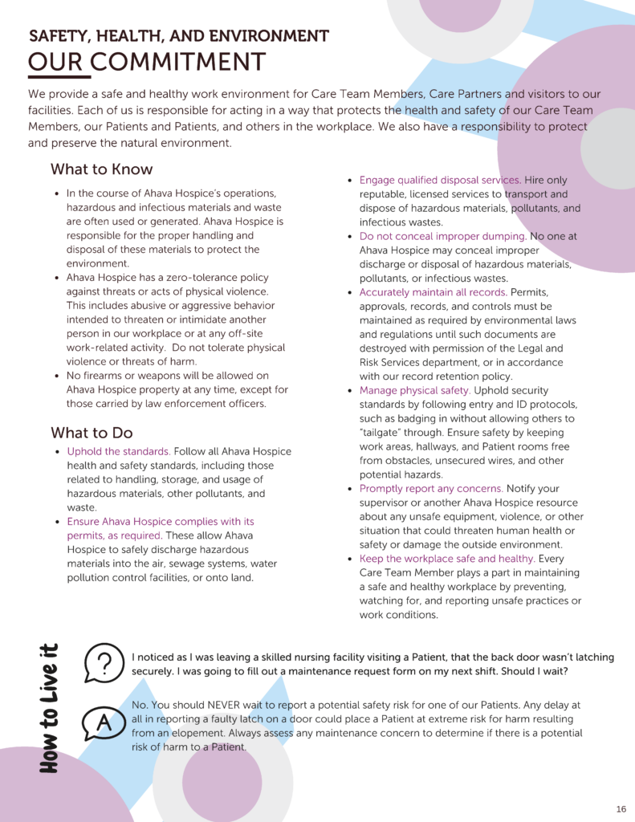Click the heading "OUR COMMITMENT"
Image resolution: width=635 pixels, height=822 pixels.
(x=146, y=62)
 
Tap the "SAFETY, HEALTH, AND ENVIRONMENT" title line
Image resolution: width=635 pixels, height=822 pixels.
(x=179, y=36)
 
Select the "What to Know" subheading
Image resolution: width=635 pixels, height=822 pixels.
(x=101, y=169)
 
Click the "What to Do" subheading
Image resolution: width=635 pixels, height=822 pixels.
(x=92, y=433)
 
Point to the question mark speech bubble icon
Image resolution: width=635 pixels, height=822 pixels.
(x=104, y=662)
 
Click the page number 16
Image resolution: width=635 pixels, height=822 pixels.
(x=621, y=808)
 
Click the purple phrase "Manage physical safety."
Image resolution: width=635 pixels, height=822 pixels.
(x=414, y=391)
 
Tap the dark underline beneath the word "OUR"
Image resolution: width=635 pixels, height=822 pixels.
(x=59, y=77)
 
